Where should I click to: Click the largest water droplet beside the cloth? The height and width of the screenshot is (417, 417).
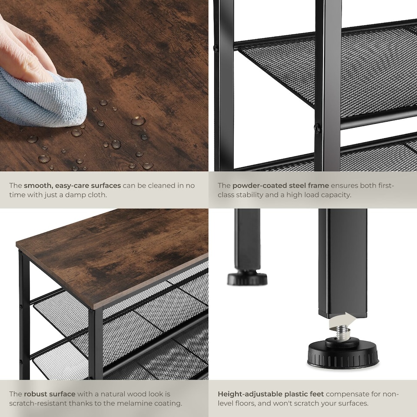point(139,120)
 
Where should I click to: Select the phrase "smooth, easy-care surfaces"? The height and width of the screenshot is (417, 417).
point(72,185)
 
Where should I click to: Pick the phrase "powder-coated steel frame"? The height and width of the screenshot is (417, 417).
point(281,185)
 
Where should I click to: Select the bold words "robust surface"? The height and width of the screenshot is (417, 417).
point(50,394)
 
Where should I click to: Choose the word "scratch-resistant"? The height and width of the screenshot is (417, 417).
point(37,404)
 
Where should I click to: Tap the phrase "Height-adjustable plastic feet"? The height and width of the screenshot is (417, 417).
point(271,394)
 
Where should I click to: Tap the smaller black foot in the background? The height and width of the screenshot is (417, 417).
point(247,278)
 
